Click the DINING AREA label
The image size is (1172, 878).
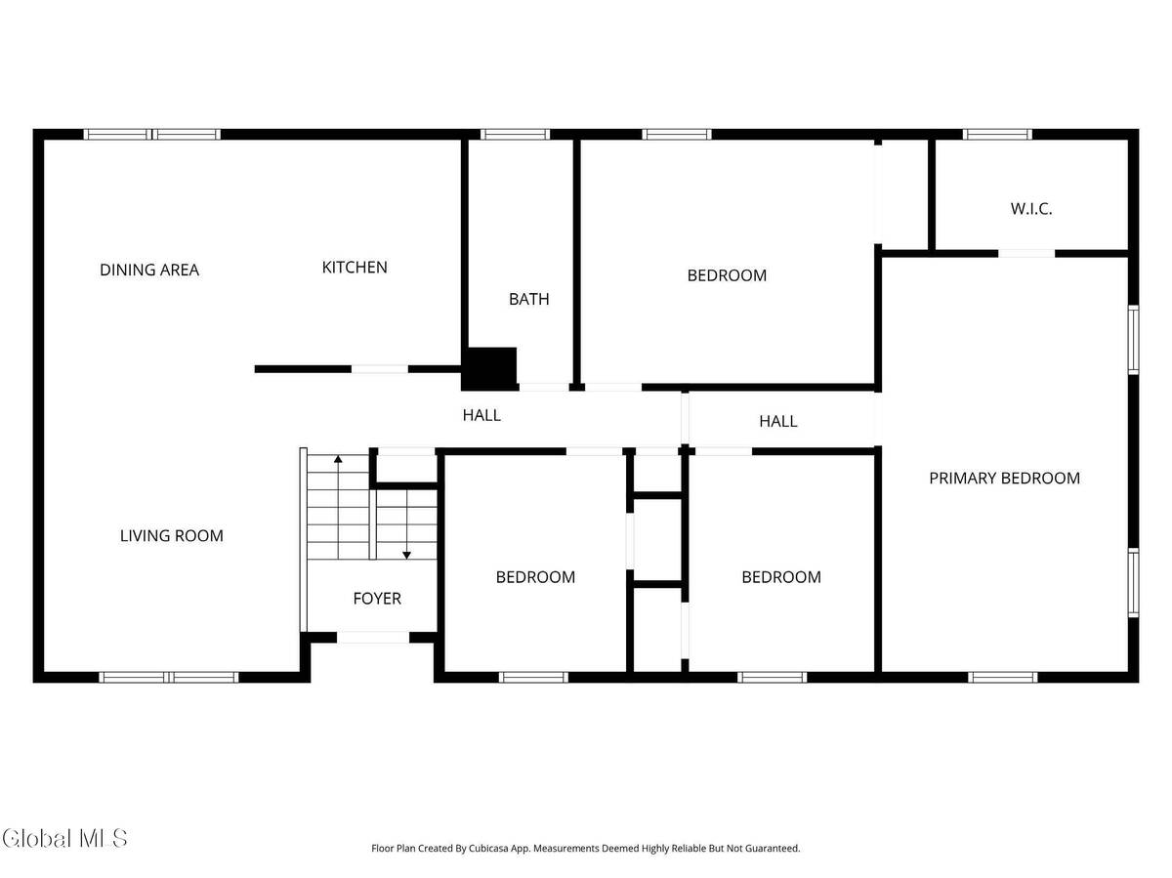[x=149, y=270]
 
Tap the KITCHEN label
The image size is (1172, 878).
[x=355, y=267]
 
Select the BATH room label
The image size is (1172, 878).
[x=528, y=299]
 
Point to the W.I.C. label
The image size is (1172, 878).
[x=1031, y=208]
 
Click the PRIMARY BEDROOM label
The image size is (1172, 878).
[x=1004, y=478]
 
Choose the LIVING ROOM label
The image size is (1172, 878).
[x=172, y=535]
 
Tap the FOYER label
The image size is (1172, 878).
[x=377, y=598]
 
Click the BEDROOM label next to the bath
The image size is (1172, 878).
[x=727, y=275]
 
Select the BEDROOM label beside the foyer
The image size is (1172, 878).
[x=535, y=576]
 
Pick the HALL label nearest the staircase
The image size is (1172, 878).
[x=481, y=415]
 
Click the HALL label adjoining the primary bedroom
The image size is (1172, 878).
[x=778, y=421]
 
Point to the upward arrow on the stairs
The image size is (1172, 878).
[x=339, y=459]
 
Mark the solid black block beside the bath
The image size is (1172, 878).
[x=491, y=368]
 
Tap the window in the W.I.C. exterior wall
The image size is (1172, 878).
[x=996, y=134]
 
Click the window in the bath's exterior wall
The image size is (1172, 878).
[x=515, y=134]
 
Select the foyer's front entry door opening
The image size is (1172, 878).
[x=373, y=638]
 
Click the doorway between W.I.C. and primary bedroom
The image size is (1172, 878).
[x=1026, y=253]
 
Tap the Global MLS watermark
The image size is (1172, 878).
[x=64, y=838]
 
